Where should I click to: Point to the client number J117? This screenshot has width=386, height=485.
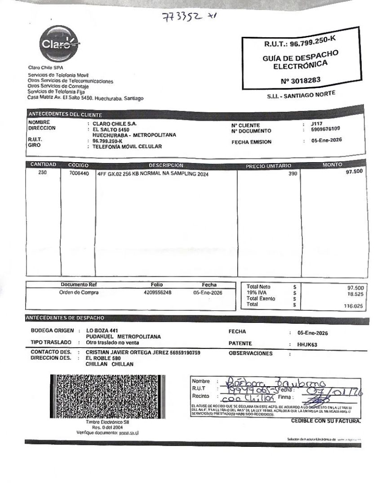[x=316, y=123]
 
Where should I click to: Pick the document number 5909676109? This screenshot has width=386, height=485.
[x=325, y=129]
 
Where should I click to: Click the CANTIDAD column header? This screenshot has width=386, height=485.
[x=43, y=165]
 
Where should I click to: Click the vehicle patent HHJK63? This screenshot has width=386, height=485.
[x=307, y=345]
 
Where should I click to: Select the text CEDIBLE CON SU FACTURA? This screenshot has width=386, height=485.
[x=326, y=421]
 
